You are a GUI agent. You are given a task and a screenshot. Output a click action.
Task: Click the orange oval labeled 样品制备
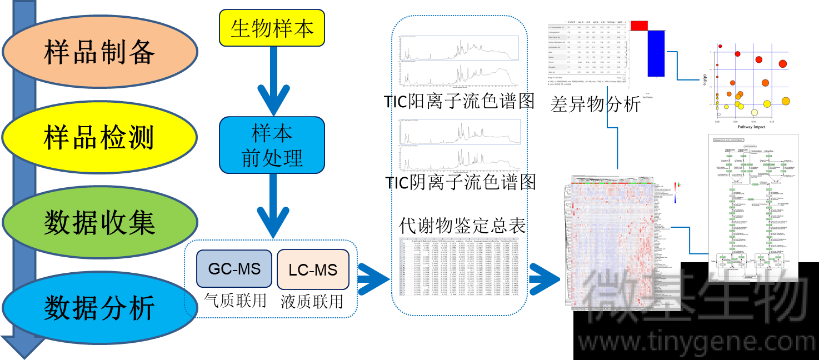point(100,53)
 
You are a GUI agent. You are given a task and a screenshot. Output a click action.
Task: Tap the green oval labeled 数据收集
point(100,223)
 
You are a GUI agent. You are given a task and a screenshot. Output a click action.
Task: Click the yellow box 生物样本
point(272,27)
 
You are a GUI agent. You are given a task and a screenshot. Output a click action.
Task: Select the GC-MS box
point(234,269)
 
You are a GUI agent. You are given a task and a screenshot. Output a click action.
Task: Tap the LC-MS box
point(313,270)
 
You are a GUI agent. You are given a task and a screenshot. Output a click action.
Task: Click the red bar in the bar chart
point(639,25)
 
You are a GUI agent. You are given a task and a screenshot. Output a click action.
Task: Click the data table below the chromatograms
point(459,267)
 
